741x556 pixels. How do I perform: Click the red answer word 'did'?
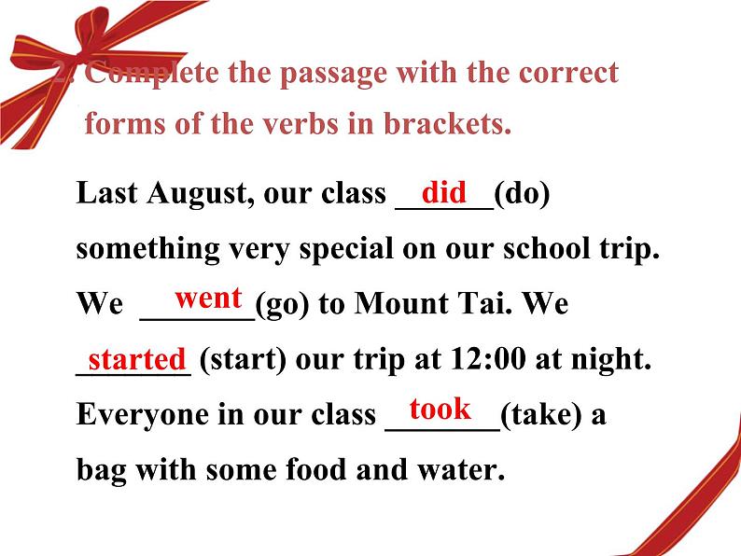(x=443, y=192)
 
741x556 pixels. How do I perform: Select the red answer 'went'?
(x=208, y=299)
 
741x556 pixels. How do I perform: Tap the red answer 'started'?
(x=137, y=359)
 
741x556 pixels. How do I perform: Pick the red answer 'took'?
(x=440, y=409)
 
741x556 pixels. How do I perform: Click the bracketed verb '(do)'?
(x=522, y=194)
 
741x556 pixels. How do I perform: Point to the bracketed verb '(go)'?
(x=283, y=304)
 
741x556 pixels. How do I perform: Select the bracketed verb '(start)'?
(x=243, y=360)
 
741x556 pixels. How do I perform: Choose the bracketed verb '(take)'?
(x=541, y=415)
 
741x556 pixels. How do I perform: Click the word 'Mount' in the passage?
(x=401, y=303)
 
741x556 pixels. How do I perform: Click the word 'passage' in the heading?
(x=334, y=75)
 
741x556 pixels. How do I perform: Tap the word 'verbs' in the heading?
(x=301, y=124)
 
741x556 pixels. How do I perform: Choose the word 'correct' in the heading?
(x=568, y=73)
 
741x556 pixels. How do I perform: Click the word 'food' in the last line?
(x=316, y=470)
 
